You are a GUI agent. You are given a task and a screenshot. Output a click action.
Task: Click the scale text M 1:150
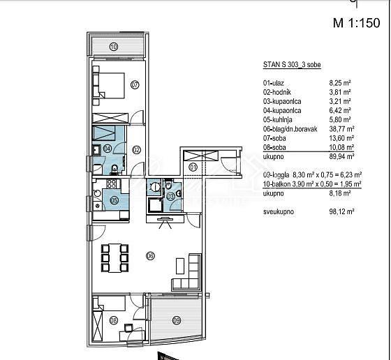(x=356, y=22)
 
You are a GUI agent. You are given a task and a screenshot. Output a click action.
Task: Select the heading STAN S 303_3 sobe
(x=292, y=64)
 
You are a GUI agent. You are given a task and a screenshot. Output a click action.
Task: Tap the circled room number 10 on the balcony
(x=114, y=47)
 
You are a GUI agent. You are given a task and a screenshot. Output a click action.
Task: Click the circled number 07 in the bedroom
(x=135, y=85)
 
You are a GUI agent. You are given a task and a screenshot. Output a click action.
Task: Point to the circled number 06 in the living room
(x=150, y=256)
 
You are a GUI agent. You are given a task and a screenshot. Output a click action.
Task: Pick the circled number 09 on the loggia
(x=177, y=320)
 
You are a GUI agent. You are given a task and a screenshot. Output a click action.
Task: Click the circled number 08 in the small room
(x=114, y=320)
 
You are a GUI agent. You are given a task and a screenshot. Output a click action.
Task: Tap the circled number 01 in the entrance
(x=193, y=167)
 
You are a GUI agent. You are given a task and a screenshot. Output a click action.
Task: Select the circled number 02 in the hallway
(x=136, y=150)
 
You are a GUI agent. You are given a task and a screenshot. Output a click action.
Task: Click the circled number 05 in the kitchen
(x=115, y=201)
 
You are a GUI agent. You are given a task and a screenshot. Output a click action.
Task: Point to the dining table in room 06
(x=115, y=258)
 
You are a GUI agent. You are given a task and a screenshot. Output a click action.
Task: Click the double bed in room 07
(x=112, y=85)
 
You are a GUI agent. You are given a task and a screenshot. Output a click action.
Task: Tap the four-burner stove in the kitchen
(x=111, y=183)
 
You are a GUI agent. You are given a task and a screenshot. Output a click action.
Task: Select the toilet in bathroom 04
(x=115, y=170)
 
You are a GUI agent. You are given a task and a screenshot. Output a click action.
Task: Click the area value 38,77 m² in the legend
(x=341, y=129)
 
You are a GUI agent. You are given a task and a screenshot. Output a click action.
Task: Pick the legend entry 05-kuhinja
(x=278, y=119)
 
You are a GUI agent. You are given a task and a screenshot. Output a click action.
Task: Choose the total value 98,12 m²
(x=341, y=212)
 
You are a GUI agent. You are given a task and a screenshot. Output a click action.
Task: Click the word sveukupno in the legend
(x=279, y=212)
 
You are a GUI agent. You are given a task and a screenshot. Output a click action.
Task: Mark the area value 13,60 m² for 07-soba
(x=341, y=138)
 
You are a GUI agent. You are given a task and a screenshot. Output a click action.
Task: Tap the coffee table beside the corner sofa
(x=180, y=266)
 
